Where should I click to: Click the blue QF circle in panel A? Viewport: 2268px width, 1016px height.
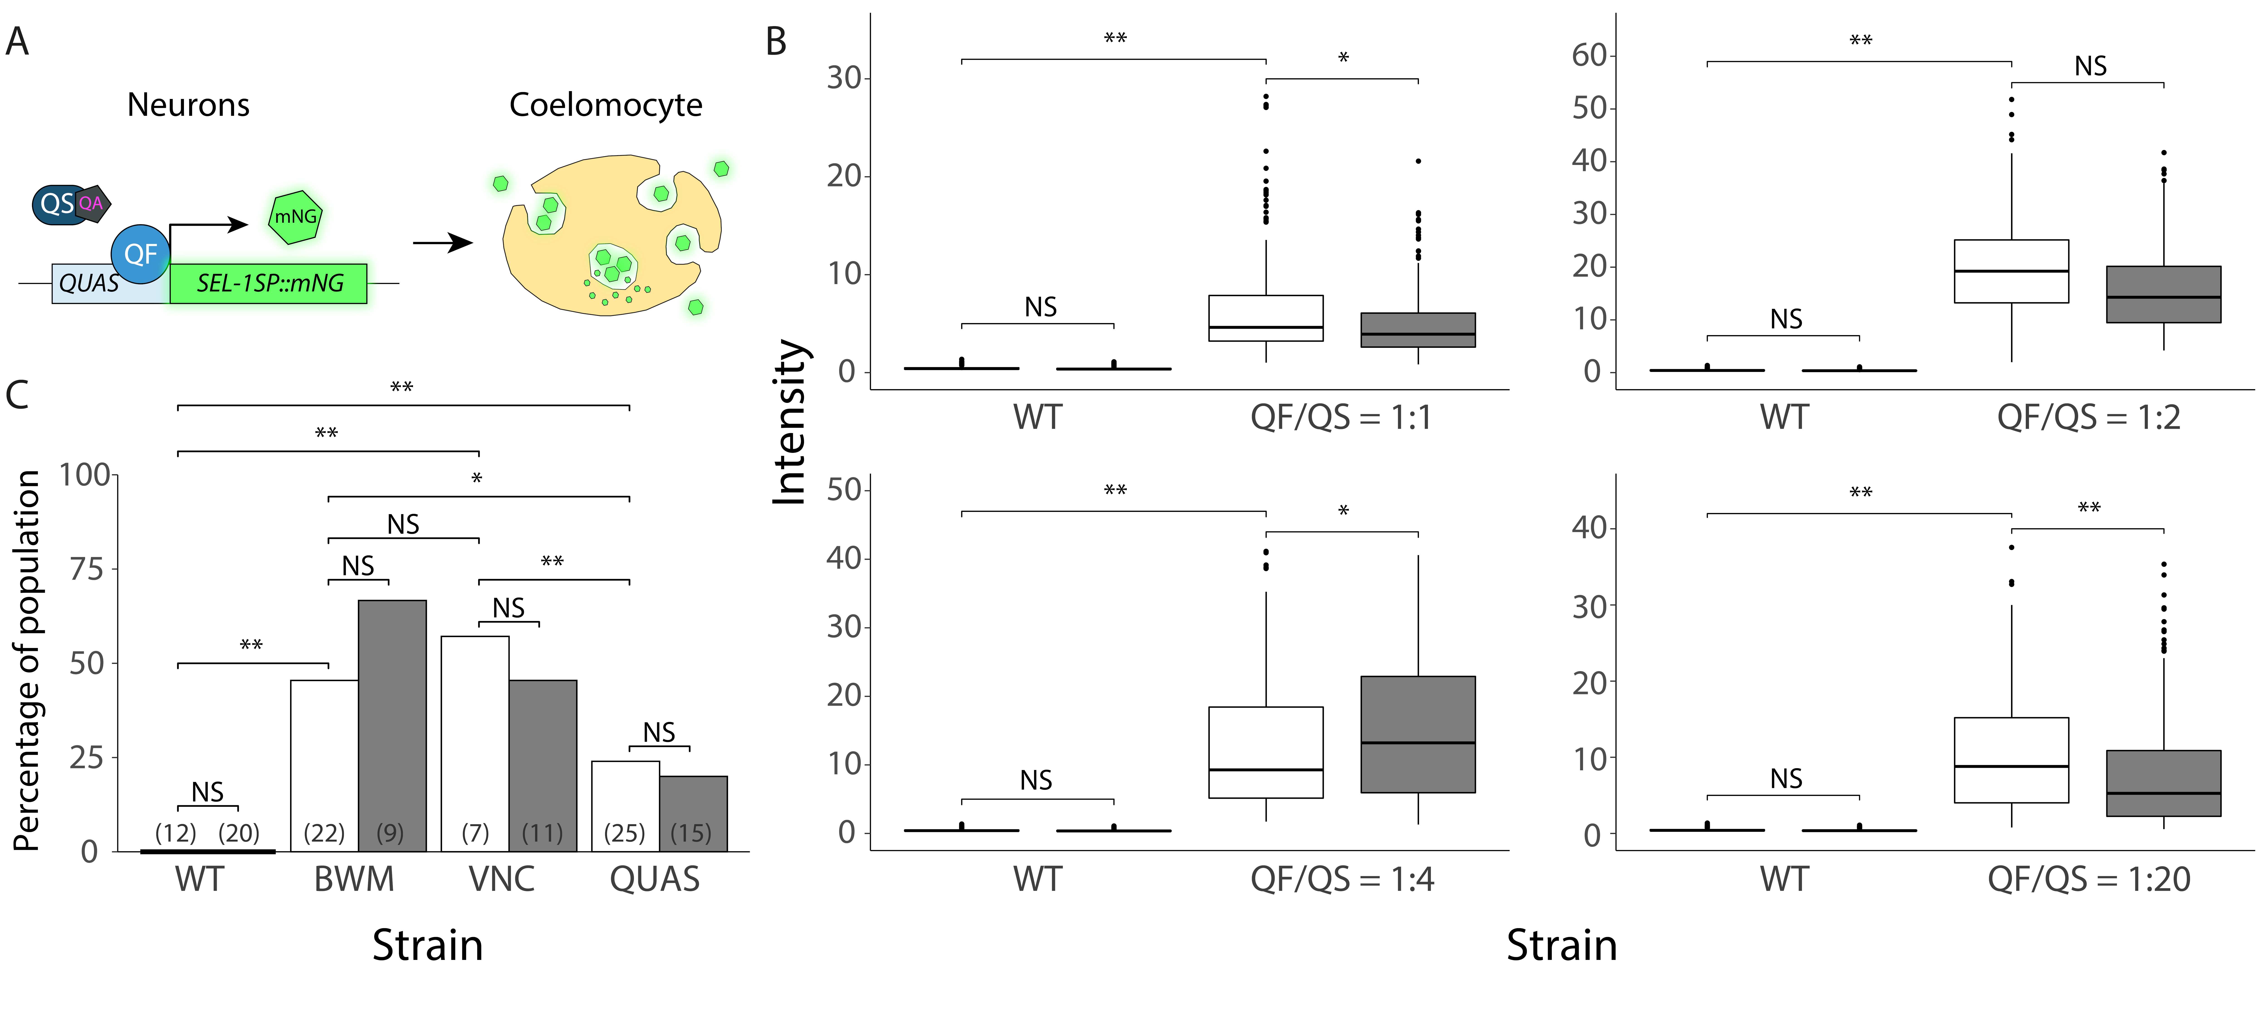pos(141,254)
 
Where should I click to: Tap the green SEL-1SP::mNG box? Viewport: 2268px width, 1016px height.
pos(269,283)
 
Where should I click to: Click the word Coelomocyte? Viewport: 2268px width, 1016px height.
pos(606,105)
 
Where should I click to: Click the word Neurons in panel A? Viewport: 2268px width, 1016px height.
pos(188,105)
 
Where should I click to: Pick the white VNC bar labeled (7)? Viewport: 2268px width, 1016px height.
pos(475,744)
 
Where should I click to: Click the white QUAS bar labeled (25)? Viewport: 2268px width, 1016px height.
pos(626,806)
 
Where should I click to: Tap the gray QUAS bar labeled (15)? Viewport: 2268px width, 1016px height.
pos(694,814)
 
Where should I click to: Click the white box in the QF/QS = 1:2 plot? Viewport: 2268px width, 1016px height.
pos(2012,271)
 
